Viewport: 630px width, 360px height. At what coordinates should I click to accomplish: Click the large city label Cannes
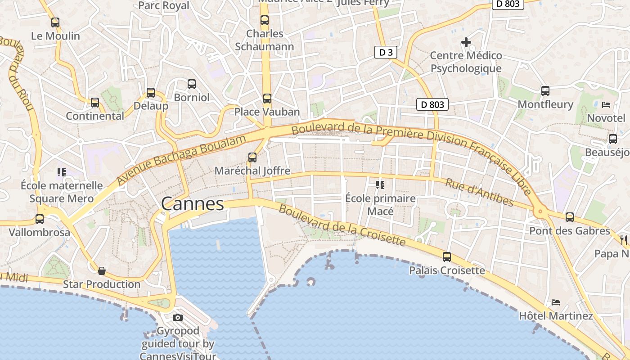coord(193,204)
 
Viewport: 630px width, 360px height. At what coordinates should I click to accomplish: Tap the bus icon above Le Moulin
coord(55,22)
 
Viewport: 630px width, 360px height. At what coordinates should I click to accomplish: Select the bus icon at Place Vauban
coord(267,98)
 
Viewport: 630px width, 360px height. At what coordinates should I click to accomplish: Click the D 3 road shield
coord(386,52)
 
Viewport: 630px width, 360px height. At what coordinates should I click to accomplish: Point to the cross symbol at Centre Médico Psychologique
coord(466,42)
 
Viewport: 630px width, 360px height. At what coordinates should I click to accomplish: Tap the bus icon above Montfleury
coord(545,91)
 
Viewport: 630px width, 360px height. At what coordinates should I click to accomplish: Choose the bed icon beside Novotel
coord(606,104)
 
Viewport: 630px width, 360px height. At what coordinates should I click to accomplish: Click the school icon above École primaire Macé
coord(380,184)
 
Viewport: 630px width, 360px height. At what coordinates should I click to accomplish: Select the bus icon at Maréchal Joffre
coord(252,157)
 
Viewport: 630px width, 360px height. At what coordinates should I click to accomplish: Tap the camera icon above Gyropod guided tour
coord(178,318)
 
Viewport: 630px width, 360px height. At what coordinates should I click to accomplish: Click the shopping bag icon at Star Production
coord(102,271)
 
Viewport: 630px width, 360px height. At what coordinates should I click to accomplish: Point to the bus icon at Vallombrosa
coord(40,219)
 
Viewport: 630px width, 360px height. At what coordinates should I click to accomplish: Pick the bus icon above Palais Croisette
coord(447,257)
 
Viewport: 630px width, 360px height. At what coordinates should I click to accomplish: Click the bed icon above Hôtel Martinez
coord(556,302)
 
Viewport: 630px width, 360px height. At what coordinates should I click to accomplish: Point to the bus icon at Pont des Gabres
coord(570,217)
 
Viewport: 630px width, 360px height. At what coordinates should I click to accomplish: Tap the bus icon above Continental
coord(95,102)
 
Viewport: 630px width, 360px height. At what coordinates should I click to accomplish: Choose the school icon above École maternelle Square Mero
coord(62,172)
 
